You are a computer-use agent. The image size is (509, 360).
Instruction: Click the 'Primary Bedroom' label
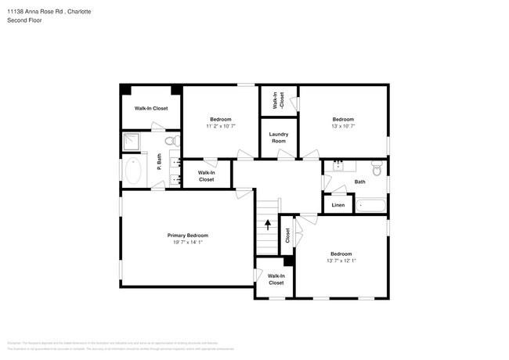pyautogui.click(x=187, y=235)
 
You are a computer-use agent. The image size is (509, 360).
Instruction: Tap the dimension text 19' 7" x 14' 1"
pyautogui.click(x=187, y=242)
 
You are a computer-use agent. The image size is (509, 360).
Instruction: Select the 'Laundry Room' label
pyautogui.click(x=278, y=137)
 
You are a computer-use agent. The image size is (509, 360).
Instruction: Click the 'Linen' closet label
pyautogui.click(x=338, y=205)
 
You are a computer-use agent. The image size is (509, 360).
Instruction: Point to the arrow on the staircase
pyautogui.click(x=268, y=225)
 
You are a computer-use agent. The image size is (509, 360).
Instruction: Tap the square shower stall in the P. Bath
pyautogui.click(x=131, y=142)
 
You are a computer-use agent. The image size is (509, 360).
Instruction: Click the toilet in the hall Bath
pyautogui.click(x=377, y=168)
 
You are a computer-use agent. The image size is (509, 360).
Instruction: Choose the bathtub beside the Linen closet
pyautogui.click(x=370, y=206)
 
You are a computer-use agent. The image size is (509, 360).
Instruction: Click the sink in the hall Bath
pyautogui.click(x=339, y=166)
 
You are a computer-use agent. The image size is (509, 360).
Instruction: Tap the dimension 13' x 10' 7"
pyautogui.click(x=343, y=126)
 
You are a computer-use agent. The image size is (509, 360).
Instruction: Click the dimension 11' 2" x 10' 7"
pyautogui.click(x=220, y=126)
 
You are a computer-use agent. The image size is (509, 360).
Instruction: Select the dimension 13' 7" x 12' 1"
pyautogui.click(x=341, y=261)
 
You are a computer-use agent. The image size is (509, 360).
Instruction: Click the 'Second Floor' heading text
pyautogui.click(x=23, y=20)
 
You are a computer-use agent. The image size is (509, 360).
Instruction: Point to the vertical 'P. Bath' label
pyautogui.click(x=159, y=163)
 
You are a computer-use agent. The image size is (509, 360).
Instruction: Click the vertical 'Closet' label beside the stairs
pyautogui.click(x=287, y=235)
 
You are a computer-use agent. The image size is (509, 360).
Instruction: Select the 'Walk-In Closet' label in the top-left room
pyautogui.click(x=151, y=108)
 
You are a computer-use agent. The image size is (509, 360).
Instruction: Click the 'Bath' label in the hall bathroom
pyautogui.click(x=359, y=182)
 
